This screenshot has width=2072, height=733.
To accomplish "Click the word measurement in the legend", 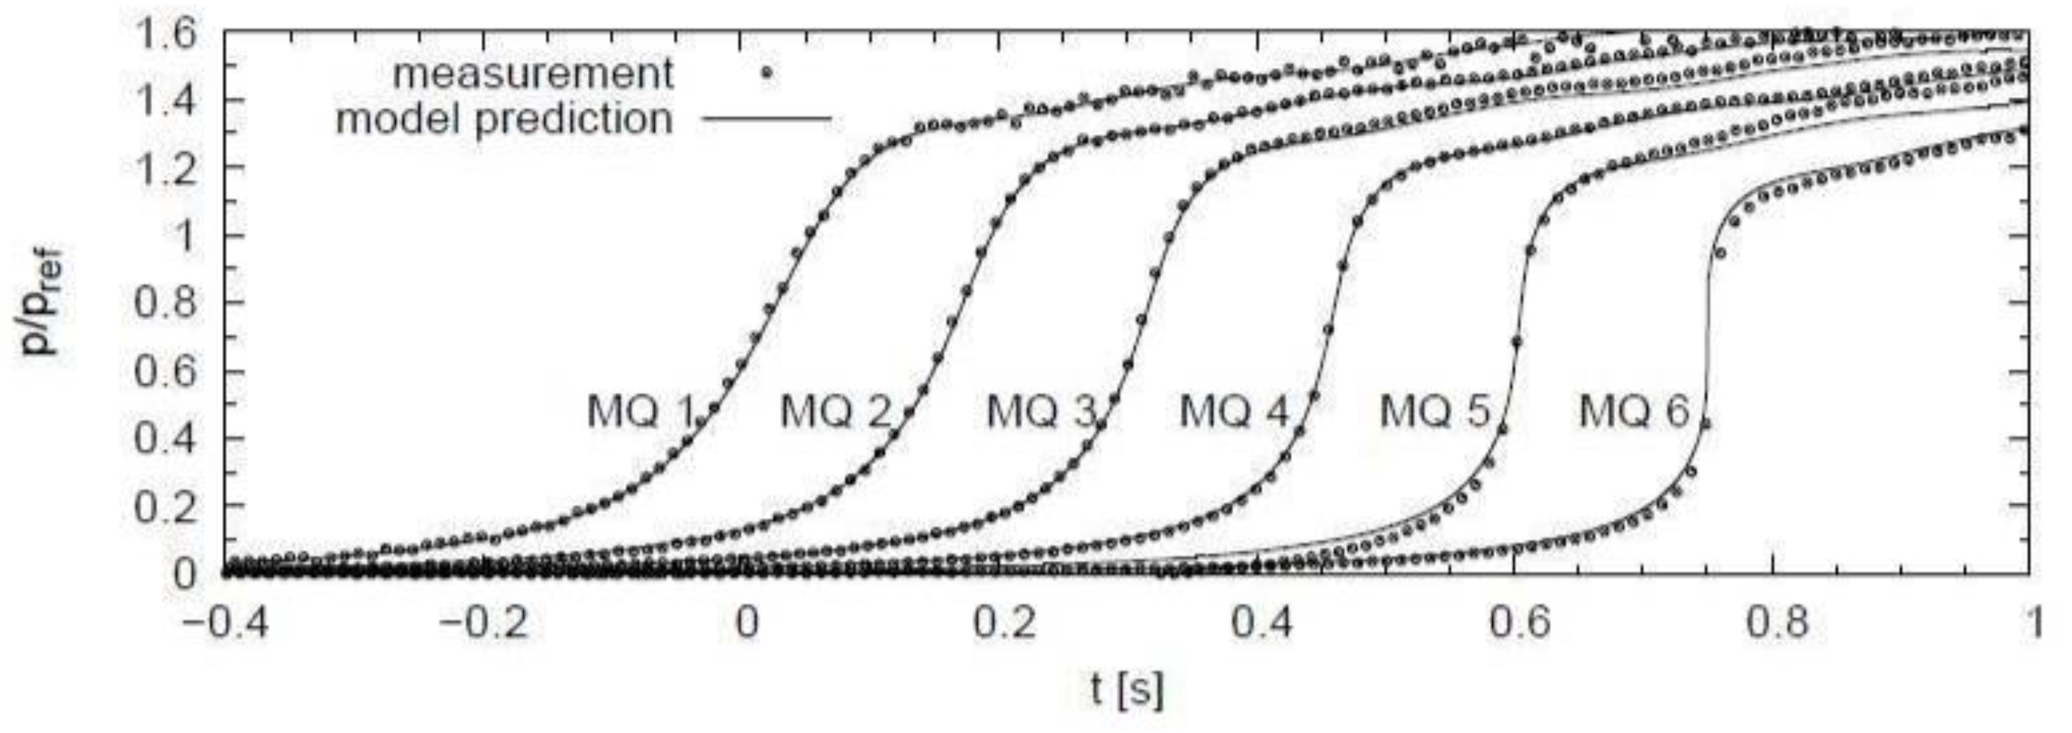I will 533,74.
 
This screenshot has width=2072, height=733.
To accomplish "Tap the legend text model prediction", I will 504,119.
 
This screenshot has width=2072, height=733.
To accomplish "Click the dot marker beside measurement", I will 767,73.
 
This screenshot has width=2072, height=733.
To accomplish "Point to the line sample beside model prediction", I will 767,121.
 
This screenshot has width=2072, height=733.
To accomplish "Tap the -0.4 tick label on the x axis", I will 227,624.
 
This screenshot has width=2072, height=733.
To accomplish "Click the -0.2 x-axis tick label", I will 486,624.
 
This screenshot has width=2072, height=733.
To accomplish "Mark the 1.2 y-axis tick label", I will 165,169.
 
